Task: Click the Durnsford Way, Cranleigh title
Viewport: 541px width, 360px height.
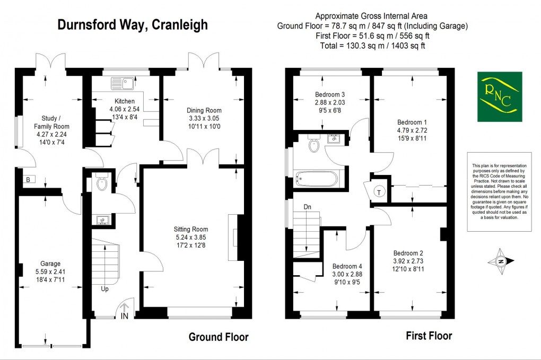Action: click(133, 24)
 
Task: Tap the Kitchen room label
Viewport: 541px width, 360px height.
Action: click(125, 101)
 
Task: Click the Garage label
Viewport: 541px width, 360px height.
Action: click(51, 264)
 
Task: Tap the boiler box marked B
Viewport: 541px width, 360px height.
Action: click(28, 179)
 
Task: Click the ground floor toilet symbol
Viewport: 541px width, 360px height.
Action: click(102, 183)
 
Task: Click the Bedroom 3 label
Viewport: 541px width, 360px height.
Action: click(326, 95)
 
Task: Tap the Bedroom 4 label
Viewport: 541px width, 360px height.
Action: click(347, 266)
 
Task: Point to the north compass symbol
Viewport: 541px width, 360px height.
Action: click(501, 260)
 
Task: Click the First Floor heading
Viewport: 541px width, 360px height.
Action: click(429, 336)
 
